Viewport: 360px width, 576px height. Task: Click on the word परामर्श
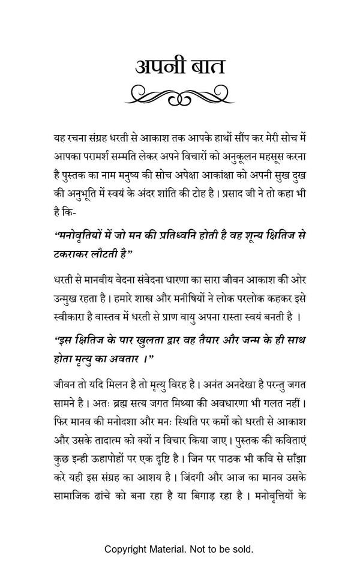click(102, 157)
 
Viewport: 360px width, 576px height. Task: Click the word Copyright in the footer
click(125, 549)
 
